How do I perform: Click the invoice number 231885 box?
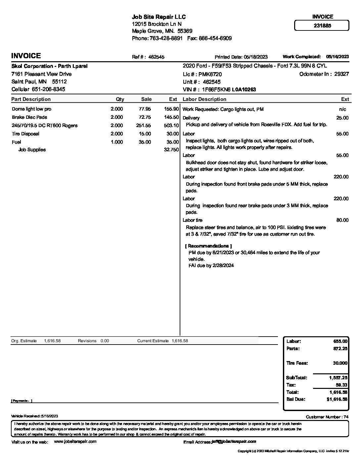click(322, 25)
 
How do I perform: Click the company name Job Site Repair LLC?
click(159, 17)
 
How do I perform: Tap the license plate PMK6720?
click(210, 74)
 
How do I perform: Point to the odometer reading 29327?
click(341, 74)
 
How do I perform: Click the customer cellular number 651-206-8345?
click(48, 89)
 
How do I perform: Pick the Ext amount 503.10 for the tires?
click(171, 126)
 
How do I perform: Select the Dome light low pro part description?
click(31, 109)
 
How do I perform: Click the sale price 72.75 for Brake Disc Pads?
click(145, 117)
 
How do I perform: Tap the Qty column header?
click(120, 99)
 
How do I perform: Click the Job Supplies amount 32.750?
click(171, 150)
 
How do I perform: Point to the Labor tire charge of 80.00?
click(342, 220)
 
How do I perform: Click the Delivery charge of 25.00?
click(342, 118)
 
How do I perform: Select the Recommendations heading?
click(208, 246)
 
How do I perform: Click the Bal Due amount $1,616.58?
click(337, 399)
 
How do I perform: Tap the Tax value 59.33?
click(341, 385)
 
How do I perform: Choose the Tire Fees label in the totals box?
click(297, 363)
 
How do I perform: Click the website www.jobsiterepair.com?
click(75, 442)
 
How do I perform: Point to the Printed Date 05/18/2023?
click(255, 57)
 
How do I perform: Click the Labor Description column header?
click(204, 99)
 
